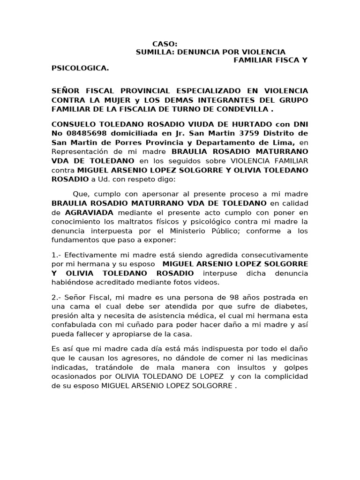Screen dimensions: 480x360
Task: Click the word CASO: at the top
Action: (165, 44)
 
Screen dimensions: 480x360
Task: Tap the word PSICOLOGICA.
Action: (80, 68)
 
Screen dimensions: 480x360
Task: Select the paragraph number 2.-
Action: (56, 298)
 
